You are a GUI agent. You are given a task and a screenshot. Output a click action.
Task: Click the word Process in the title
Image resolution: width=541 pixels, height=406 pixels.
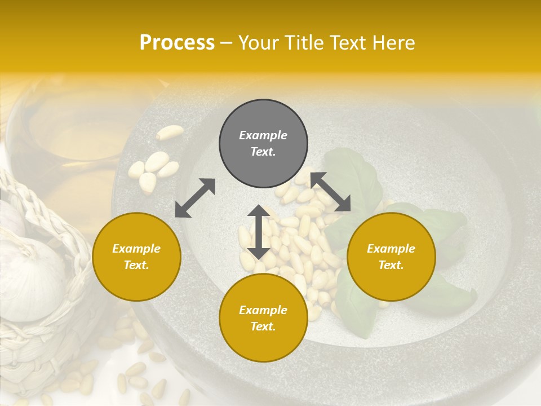[177, 43]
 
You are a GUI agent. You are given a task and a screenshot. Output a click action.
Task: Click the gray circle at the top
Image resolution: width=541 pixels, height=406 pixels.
[263, 144]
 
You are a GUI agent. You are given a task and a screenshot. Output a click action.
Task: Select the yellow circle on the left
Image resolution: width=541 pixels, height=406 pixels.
[136, 257]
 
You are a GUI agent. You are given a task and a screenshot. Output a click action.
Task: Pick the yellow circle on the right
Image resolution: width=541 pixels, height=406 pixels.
[391, 257]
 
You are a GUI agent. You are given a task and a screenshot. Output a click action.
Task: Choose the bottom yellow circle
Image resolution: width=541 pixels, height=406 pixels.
[263, 318]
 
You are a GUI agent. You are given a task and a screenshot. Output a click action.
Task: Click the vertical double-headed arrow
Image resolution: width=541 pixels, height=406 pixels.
[259, 232]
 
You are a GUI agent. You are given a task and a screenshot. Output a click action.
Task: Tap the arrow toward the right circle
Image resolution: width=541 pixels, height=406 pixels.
[331, 192]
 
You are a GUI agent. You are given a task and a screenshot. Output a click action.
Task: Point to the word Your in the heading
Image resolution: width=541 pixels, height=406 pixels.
[258, 43]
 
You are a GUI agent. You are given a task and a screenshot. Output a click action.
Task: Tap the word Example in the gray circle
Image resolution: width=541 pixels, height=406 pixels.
[263, 135]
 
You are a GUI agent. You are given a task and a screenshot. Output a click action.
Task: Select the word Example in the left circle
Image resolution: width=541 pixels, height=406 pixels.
[136, 249]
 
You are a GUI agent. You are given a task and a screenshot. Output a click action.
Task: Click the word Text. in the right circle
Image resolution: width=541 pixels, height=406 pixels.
[391, 265]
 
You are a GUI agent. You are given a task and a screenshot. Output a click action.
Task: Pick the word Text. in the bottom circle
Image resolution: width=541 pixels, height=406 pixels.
[263, 326]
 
